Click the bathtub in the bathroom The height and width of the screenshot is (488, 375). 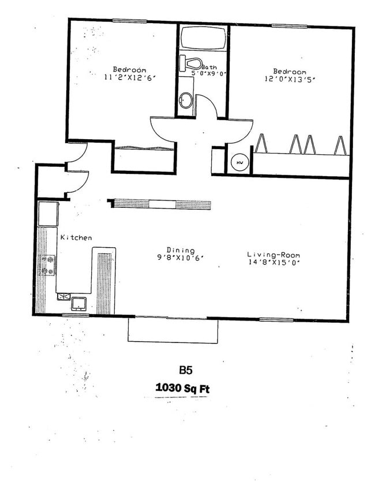coord(202,38)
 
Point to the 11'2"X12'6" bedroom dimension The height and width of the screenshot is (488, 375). coord(130,77)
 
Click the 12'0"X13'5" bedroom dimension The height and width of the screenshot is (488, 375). coord(290,79)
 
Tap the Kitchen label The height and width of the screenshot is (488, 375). coord(76,237)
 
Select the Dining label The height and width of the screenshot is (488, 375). coord(181,250)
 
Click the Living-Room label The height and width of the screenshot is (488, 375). coord(273,255)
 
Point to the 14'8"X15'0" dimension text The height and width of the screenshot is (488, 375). coord(273,262)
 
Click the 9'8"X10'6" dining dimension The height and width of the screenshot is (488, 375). coord(181,258)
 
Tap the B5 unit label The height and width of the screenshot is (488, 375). coord(186,370)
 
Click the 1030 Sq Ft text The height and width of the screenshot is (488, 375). coord(182,388)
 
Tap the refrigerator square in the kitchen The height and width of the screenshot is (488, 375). coord(47,213)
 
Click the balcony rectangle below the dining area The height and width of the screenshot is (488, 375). coord(173,331)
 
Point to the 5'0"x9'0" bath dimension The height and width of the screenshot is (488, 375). coord(209,74)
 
